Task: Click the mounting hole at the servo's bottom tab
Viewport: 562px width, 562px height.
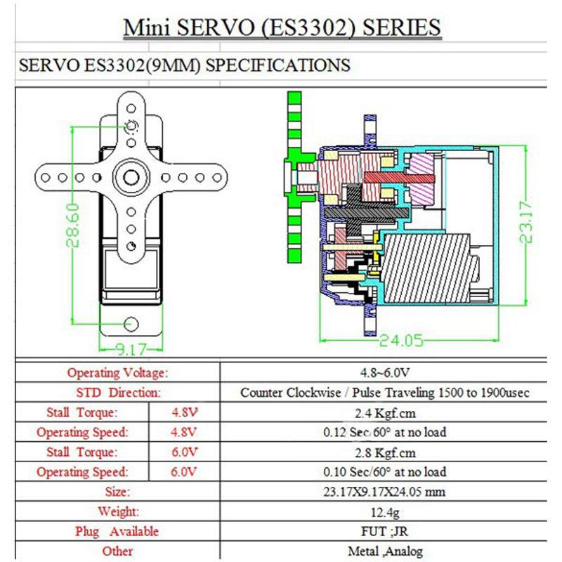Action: coord(131,323)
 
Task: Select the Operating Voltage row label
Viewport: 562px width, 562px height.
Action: coord(118,372)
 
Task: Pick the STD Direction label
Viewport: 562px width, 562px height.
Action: coord(118,392)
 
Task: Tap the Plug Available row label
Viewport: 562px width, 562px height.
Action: coord(117,531)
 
